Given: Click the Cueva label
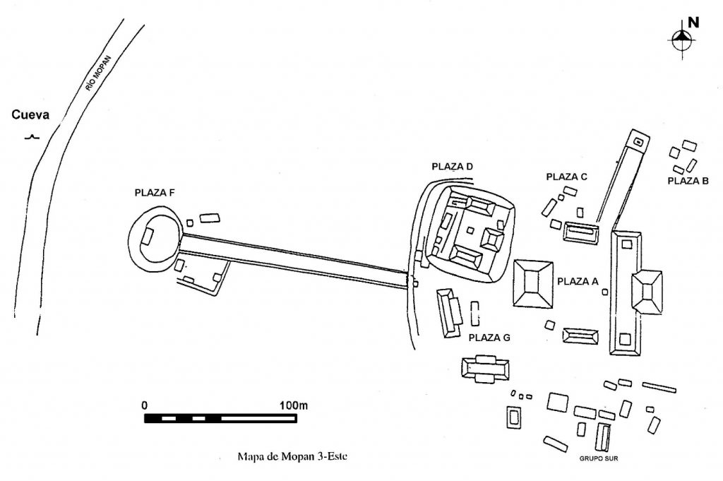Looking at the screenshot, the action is coord(30,115).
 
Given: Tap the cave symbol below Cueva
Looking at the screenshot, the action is coord(32,136).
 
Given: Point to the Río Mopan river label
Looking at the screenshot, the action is coord(98,73).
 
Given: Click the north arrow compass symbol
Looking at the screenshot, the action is coord(683,40).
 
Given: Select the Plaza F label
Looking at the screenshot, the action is coord(155,193).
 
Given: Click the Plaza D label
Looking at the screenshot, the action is coord(453,167).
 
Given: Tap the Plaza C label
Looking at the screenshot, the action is coord(567,177).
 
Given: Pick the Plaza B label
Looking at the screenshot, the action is coord(688,181).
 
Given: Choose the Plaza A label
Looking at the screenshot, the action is coord(578,281).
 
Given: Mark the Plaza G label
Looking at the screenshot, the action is coord(489,338).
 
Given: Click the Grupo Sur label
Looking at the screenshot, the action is coord(599,458).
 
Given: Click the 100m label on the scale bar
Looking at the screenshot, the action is coord(294,406).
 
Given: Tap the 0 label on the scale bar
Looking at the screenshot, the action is coord(145,406).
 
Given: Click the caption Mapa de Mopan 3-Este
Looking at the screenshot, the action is coord(292,456).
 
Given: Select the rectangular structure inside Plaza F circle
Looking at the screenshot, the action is coord(148,236).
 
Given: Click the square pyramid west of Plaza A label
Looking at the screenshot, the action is coord(533,283).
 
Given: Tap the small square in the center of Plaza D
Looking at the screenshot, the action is coord(470,230).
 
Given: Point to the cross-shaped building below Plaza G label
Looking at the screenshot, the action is coord(486,369).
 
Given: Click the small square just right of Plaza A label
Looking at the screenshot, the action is coord(605,292).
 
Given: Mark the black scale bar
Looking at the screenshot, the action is coord(220,418).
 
